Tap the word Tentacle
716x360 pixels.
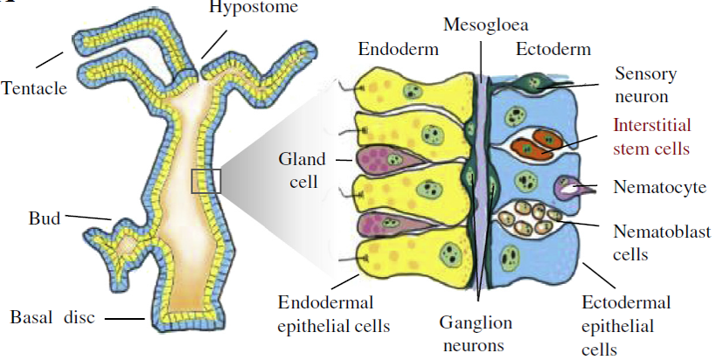[34, 88]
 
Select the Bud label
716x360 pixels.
[43, 218]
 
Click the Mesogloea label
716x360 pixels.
[480, 24]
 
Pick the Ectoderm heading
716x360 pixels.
[553, 50]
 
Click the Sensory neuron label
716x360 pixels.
[645, 85]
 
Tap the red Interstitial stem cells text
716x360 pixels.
[651, 136]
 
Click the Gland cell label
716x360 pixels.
[302, 170]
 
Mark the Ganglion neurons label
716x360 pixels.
[476, 334]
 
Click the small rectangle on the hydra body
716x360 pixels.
[206, 181]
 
